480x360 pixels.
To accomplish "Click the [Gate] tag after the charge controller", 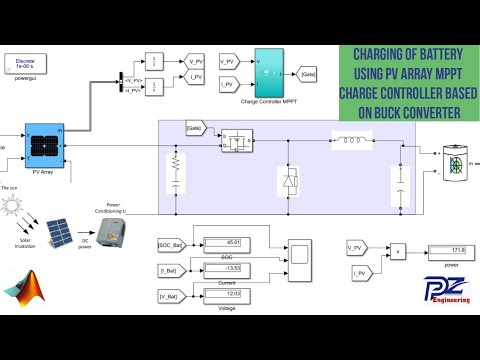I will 309,74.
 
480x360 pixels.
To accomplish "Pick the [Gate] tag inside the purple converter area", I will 195,129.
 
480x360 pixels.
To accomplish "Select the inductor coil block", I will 352,141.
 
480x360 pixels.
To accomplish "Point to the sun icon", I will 16,208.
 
